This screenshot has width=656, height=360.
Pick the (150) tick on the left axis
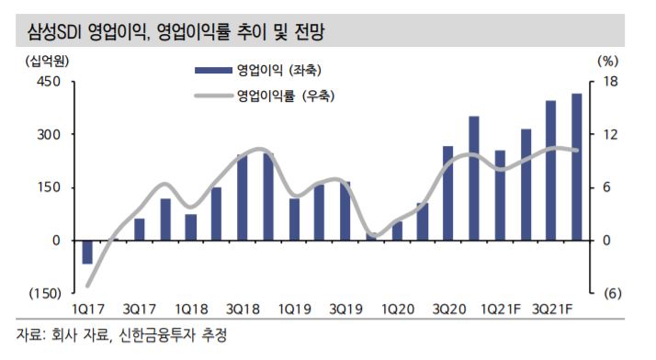(45, 293)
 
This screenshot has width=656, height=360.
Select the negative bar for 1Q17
(88, 252)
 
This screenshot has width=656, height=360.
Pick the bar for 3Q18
(243, 197)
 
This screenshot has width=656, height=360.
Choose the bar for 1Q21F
(500, 195)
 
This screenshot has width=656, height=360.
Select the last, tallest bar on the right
(577, 166)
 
